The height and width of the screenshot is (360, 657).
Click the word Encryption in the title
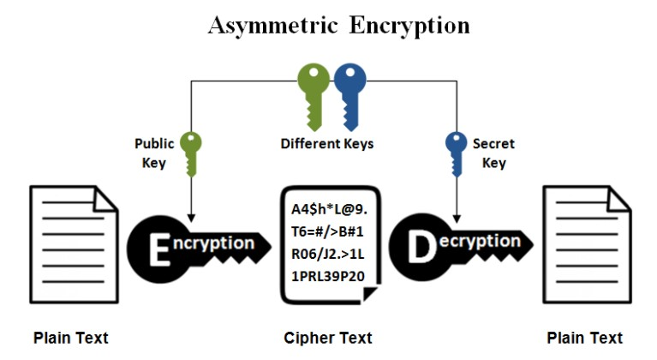coord(409,26)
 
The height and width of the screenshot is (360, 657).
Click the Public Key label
coord(154,153)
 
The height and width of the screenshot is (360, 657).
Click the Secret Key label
coord(493,153)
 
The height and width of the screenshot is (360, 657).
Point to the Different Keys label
coord(327,143)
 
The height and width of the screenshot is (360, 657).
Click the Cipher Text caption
coord(328,338)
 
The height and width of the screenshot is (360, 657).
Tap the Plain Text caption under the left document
coord(71,338)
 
